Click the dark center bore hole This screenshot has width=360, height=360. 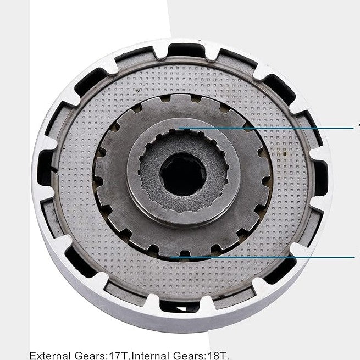(x=183, y=175)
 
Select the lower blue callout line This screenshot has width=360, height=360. (x=264, y=257)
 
